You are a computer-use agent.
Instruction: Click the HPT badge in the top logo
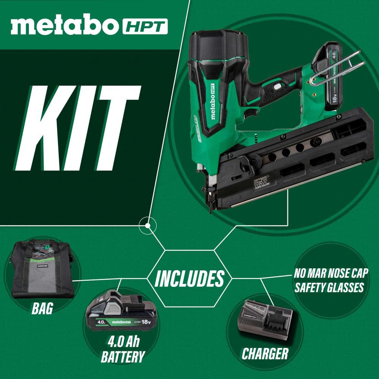coord(145,27)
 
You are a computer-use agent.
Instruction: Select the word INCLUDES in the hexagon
coord(189,279)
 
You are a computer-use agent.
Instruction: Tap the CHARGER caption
coord(265,353)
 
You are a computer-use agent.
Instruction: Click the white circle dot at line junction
coord(148,226)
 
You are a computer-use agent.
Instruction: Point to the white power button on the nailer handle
coord(278,87)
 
